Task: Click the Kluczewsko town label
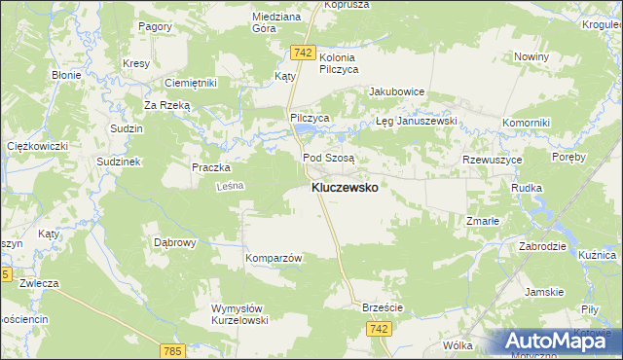pos(345,187)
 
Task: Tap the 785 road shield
pos(173,350)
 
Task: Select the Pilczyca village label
pos(311,117)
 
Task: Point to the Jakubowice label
pos(396,92)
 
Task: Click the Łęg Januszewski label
pos(417,122)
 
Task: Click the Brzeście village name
pos(382,306)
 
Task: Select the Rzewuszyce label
pos(493,159)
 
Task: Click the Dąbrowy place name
pos(176,241)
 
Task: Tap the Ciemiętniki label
pos(190,84)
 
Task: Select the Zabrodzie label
pos(543,246)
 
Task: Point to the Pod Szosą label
pos(329,157)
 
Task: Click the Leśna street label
pos(228,185)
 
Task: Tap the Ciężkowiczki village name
pos(37,146)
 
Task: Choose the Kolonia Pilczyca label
pos(339,64)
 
